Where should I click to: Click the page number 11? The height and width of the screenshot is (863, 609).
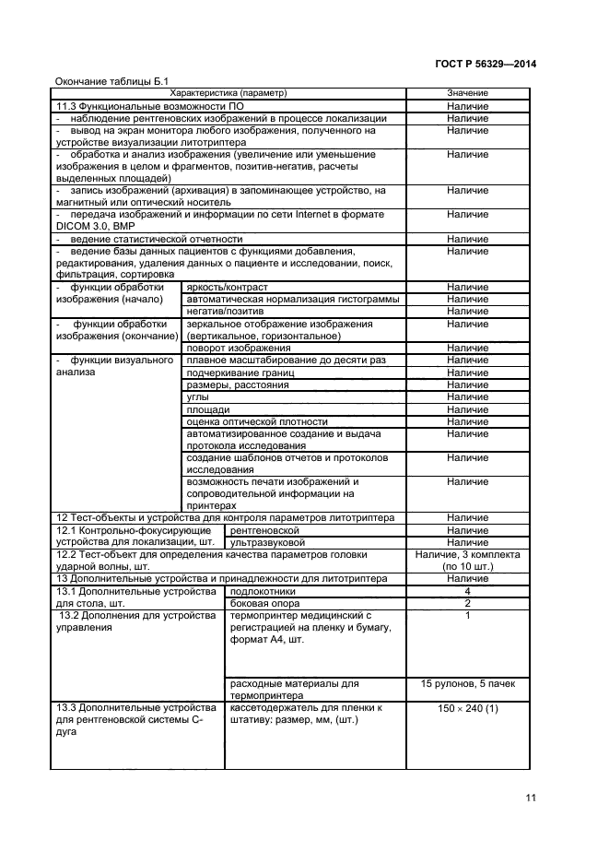(x=530, y=799)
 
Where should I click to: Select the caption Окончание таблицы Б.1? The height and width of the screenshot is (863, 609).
(x=111, y=80)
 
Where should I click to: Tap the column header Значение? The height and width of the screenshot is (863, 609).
(x=467, y=93)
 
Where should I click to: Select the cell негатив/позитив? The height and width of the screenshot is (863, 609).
(x=218, y=312)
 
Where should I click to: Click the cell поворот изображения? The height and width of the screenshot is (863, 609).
(x=225, y=348)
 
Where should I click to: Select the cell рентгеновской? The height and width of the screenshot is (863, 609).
(x=262, y=530)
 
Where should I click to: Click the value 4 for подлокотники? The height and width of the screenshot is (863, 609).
(x=467, y=590)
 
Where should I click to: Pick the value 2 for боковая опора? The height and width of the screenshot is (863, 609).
(x=467, y=602)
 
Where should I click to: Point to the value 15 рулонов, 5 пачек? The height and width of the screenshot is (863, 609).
(x=467, y=684)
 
